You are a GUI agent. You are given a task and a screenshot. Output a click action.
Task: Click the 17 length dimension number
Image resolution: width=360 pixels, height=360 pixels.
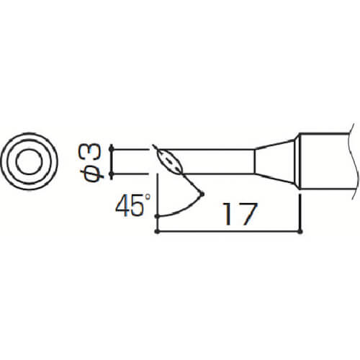(240, 214)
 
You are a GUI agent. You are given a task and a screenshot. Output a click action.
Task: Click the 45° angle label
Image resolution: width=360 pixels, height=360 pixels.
(133, 204)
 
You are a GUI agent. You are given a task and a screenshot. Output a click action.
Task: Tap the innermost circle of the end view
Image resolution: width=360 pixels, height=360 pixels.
(30, 161)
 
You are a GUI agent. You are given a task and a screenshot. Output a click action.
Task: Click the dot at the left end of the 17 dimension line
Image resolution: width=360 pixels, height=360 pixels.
(157, 232)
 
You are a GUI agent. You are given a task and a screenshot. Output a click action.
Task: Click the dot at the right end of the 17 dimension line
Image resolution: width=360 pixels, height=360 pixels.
(300, 232)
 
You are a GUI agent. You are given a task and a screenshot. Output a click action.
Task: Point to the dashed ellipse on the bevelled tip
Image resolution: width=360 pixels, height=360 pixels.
(170, 161)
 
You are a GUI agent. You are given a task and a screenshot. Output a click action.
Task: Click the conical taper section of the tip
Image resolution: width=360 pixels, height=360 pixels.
(274, 161)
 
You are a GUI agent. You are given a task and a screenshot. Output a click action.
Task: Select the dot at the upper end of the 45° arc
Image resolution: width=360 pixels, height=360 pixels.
(202, 194)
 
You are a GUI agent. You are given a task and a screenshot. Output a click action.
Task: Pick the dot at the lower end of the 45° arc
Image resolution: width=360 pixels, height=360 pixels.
(157, 217)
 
